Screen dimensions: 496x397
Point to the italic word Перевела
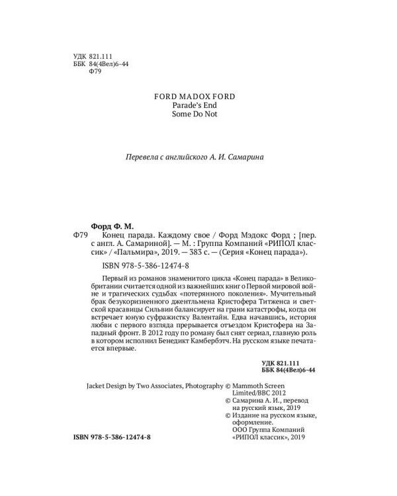(145, 157)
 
